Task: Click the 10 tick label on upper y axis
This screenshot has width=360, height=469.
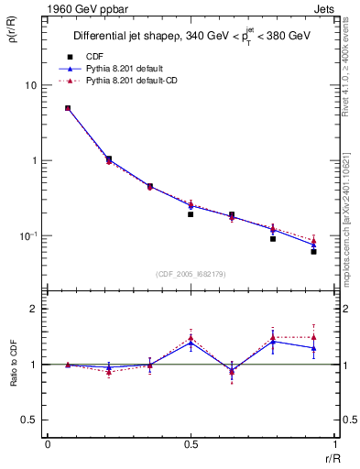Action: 30,85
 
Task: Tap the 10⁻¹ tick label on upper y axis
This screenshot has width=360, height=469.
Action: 27,236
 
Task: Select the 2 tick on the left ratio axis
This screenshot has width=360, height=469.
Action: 34,309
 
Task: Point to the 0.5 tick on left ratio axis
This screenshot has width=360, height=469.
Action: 29,420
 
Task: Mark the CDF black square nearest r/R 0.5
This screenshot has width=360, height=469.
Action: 191,214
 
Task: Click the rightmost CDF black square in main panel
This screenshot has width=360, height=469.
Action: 313,251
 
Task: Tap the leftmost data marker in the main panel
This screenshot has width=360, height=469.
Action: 68,108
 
